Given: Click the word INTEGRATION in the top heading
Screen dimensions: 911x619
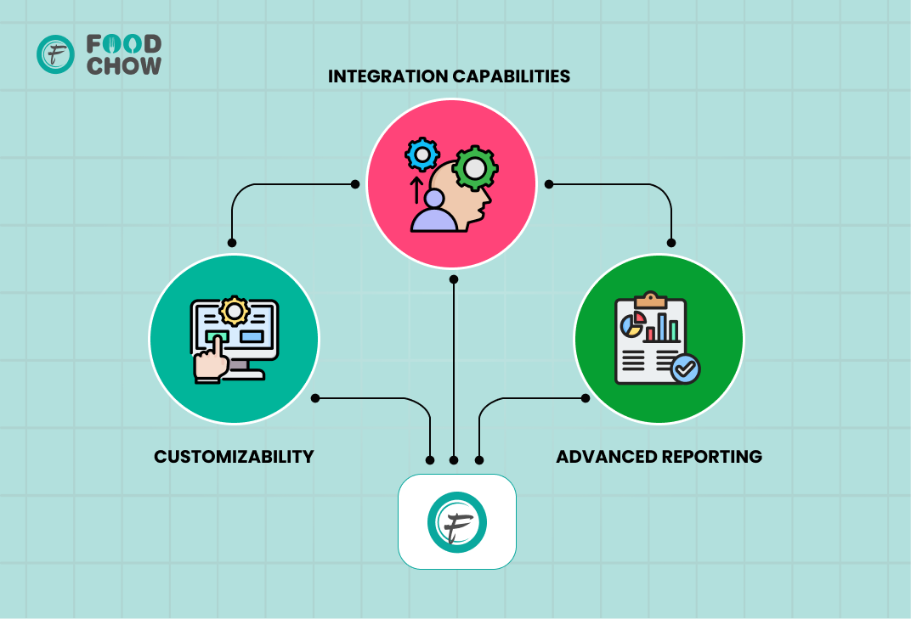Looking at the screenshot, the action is pyautogui.click(x=388, y=76).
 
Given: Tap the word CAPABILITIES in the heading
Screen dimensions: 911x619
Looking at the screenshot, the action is pyautogui.click(x=511, y=76).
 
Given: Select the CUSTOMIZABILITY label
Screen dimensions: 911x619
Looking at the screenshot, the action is pyautogui.click(x=234, y=457).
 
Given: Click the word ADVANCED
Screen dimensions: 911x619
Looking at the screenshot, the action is pyautogui.click(x=607, y=457).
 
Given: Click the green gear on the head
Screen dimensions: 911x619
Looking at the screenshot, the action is pyautogui.click(x=475, y=168).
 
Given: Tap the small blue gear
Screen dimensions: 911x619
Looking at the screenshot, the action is pyautogui.click(x=422, y=155).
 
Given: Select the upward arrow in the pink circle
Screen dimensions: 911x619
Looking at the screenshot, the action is pyautogui.click(x=416, y=190).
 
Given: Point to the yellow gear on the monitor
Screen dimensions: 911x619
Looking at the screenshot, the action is pyautogui.click(x=235, y=312).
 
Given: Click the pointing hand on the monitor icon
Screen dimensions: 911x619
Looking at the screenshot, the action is pyautogui.click(x=210, y=361).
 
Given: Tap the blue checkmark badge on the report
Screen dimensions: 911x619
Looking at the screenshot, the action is pyautogui.click(x=685, y=369).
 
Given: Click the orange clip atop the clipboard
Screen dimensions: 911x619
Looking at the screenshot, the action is pyautogui.click(x=651, y=300).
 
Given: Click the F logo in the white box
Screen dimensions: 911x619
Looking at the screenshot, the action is pyautogui.click(x=457, y=522).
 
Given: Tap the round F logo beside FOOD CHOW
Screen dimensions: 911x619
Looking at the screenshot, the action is pyautogui.click(x=56, y=54).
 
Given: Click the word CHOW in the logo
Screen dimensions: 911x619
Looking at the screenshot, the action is pyautogui.click(x=124, y=65).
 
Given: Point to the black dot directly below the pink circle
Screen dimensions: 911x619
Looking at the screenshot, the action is pyautogui.click(x=454, y=280).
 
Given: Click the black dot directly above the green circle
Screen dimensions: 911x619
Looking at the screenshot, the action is pyautogui.click(x=671, y=243).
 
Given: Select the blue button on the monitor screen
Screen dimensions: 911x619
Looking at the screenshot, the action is pyautogui.click(x=252, y=336).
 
